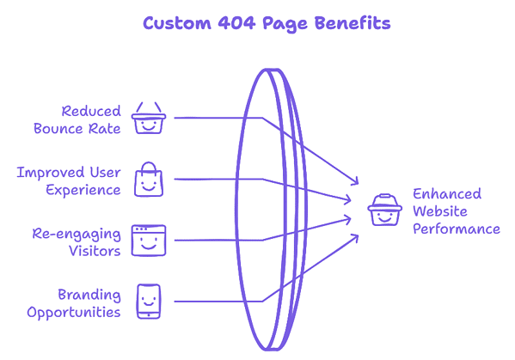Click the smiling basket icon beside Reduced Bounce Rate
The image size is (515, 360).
148,119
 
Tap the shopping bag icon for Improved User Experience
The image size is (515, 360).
148,180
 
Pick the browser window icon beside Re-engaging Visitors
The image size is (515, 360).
148,241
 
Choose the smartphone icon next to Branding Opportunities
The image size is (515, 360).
148,302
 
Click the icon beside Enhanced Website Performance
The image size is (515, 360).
383,211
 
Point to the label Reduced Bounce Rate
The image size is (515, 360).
77,119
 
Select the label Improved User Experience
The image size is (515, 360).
69,180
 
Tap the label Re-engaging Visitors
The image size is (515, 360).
77,241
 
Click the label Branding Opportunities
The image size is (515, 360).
74,302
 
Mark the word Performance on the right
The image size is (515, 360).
456,229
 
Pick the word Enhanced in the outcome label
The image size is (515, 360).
446,193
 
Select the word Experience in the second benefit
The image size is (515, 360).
83,190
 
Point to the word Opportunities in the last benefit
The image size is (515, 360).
74,312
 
